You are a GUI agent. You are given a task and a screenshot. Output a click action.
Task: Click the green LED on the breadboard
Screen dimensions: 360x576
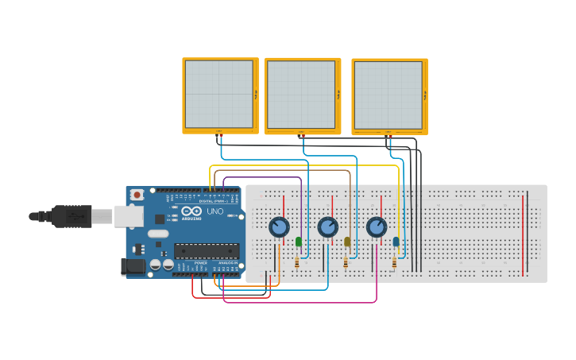pos(299,242)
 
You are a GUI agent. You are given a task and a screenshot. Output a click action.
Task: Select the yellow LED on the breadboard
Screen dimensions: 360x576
pos(347,242)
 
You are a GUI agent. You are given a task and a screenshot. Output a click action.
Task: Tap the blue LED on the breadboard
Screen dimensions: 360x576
pos(396,242)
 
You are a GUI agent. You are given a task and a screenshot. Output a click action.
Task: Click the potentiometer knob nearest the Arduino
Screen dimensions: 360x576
pos(279,227)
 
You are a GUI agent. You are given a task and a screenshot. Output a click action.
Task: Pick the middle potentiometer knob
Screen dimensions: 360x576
pos(327,227)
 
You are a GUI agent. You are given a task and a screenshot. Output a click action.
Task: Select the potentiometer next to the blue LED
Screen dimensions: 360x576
pos(376,227)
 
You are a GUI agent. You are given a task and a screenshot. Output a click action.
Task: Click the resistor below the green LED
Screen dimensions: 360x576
pos(298,262)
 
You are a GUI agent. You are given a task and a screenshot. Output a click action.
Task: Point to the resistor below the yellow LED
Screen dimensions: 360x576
pos(346,262)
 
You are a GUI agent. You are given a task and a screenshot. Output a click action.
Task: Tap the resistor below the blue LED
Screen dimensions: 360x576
pos(394,262)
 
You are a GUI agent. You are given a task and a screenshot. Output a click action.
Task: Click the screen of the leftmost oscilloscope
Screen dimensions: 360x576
pos(218,94)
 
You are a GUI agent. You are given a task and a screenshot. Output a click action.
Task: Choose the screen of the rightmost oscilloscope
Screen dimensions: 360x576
pos(388,95)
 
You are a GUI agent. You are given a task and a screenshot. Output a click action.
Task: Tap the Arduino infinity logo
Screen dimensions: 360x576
pos(191,212)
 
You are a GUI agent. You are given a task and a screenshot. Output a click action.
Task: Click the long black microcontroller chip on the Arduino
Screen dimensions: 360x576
pos(207,251)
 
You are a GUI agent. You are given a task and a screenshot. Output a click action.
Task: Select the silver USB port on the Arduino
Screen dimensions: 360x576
pos(129,215)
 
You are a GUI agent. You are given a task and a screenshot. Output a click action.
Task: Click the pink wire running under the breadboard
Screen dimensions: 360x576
pos(302,302)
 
